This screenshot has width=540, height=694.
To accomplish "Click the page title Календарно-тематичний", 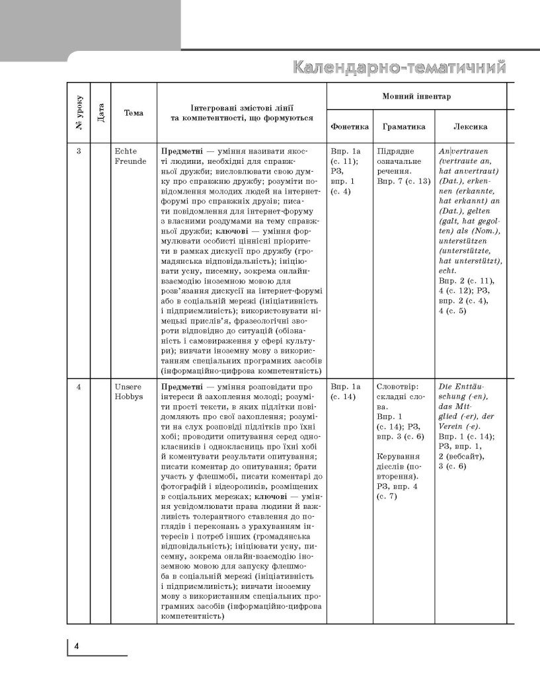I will click(x=399, y=68).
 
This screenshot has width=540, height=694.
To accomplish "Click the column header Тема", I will click(x=134, y=113).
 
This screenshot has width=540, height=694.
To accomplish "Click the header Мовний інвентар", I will click(x=416, y=96).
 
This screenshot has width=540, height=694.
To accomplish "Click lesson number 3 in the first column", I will click(x=78, y=151).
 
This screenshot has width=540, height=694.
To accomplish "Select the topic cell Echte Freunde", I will click(x=131, y=156).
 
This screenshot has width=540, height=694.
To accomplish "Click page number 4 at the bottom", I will click(x=77, y=646).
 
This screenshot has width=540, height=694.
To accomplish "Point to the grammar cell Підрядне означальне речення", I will click(x=400, y=161).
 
